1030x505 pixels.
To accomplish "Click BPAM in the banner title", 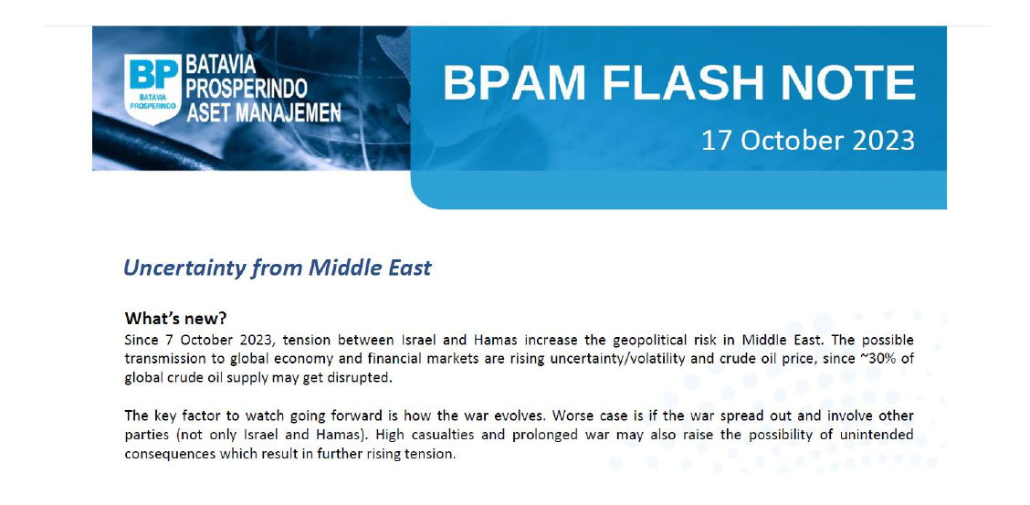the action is [514, 83].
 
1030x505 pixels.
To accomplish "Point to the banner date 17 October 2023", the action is [808, 141].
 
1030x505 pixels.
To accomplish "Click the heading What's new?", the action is [175, 319].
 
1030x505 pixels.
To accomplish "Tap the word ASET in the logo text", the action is [209, 113].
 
